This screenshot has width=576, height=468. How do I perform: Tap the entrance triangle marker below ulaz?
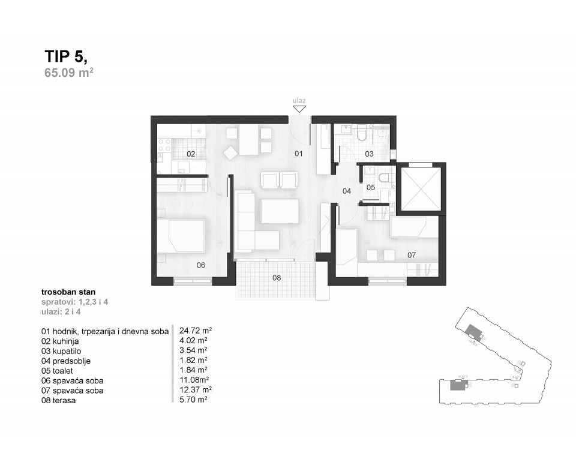point(299,109)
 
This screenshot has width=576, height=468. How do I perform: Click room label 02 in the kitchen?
point(190,154)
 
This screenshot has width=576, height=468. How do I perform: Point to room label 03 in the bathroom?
point(369,154)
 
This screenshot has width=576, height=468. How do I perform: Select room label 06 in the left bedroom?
point(200,265)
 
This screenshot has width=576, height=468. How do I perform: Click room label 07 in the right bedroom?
point(412,255)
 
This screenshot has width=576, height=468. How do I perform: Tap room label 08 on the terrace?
point(276,278)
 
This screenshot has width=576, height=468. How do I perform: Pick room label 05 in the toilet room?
point(371,188)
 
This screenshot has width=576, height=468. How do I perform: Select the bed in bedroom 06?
point(182,235)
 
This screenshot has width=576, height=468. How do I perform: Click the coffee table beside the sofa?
point(280,211)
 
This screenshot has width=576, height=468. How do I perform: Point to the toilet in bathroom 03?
point(362,134)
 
